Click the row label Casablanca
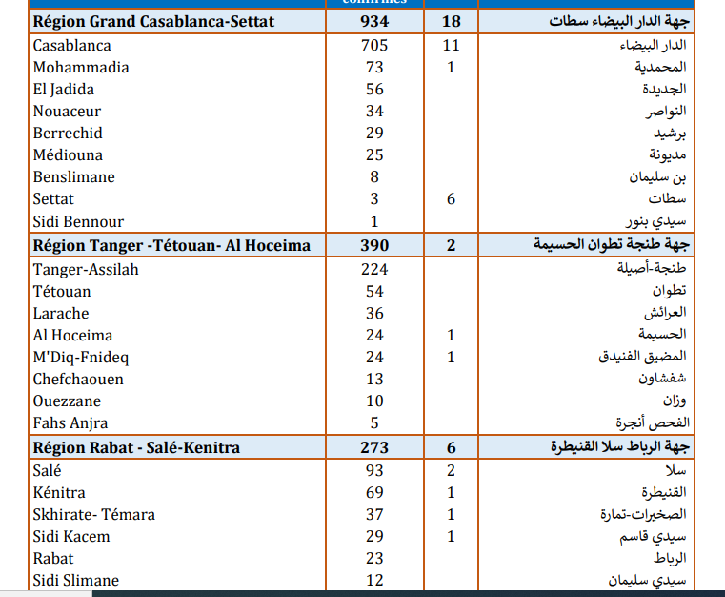tap(71, 46)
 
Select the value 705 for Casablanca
tap(374, 46)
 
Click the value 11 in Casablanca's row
tap(451, 46)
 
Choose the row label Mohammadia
tap(81, 68)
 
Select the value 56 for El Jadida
tap(374, 90)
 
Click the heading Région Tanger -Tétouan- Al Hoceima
tap(171, 246)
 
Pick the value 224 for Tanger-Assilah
tap(374, 269)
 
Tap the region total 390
tap(374, 246)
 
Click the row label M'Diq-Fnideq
tap(81, 358)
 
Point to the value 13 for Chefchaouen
tap(374, 380)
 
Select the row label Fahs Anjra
tap(70, 423)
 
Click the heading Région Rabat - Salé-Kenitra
tap(136, 447)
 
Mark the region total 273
tap(374, 447)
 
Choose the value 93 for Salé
tap(374, 470)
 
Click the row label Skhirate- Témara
tap(93, 515)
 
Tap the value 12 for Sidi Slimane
tap(374, 581)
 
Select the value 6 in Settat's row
tap(451, 199)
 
